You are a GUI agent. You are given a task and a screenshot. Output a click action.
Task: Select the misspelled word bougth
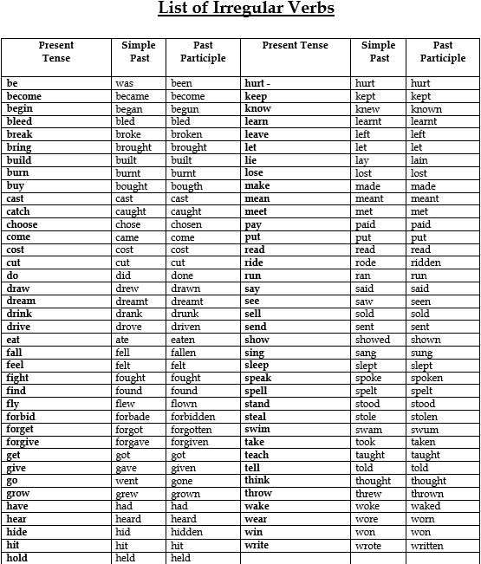tap(186, 186)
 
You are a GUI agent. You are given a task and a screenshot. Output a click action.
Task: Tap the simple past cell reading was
tap(124, 84)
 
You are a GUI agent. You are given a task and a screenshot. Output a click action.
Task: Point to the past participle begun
tap(185, 110)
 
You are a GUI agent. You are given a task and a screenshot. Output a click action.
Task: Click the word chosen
tap(186, 225)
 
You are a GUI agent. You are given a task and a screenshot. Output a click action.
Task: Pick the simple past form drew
tap(127, 288)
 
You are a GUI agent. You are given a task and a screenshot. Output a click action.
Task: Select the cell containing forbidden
tap(192, 417)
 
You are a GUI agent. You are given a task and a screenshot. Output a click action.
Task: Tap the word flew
tap(126, 404)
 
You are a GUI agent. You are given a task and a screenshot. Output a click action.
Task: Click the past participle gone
tap(182, 481)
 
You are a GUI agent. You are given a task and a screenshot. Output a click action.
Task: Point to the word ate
tap(122, 340)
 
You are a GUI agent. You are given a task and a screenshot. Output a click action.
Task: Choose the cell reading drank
tap(129, 314)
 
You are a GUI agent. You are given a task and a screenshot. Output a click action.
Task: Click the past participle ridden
tap(426, 263)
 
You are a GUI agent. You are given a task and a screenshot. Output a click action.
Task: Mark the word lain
tap(420, 161)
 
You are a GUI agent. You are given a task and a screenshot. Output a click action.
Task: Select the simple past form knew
tap(367, 110)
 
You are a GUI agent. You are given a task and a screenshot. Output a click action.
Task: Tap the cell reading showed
tap(373, 340)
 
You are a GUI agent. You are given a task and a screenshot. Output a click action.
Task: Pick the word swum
tap(425, 430)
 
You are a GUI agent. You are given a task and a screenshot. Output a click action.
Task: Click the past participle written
tap(427, 546)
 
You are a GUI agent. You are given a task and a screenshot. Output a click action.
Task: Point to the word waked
tap(426, 507)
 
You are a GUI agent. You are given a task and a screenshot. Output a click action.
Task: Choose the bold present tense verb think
tap(257, 480)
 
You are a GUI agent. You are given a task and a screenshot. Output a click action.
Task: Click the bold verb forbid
tap(23, 416)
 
